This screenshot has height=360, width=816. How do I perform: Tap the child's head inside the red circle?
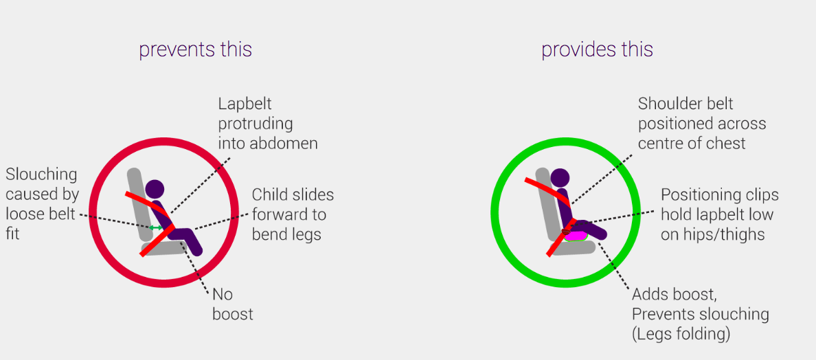click(155, 189)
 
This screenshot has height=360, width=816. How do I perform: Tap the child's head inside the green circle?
click(560, 178)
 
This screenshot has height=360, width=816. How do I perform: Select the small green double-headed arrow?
click(156, 227)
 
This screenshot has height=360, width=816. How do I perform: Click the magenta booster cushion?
click(576, 235)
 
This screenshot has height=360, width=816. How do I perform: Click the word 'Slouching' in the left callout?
click(41, 175)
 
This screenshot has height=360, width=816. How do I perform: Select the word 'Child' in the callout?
click(269, 195)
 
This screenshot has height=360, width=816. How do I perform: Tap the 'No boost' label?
click(233, 304)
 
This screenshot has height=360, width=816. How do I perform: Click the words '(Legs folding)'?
click(681, 334)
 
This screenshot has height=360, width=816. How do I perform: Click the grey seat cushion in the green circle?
click(573, 247)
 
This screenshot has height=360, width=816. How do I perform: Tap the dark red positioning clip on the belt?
click(567, 232)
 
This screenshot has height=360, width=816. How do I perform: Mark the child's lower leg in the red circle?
click(193, 243)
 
